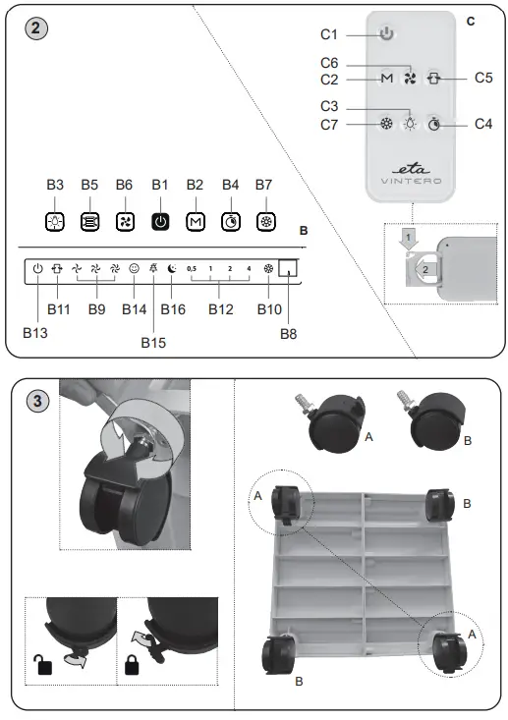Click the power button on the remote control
tap(386, 33)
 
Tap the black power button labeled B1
tap(159, 221)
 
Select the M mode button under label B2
tap(195, 221)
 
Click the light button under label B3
tap(55, 221)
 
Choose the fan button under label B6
tap(125, 221)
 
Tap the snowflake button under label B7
tap(263, 221)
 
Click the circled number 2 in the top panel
tap(36, 27)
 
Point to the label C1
tap(329, 34)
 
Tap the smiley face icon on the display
tap(134, 267)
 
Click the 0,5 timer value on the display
tap(192, 267)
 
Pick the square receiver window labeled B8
tap(287, 267)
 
